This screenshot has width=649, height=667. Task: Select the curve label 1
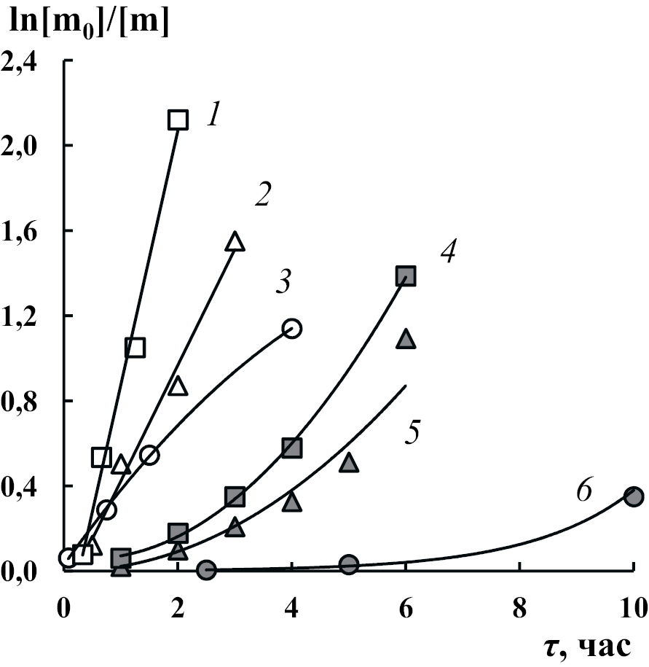213,116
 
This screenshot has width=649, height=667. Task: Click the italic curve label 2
262,195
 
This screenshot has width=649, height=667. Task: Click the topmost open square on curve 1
178,120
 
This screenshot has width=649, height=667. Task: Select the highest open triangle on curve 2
235,241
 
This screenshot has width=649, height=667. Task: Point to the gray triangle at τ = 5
349,461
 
